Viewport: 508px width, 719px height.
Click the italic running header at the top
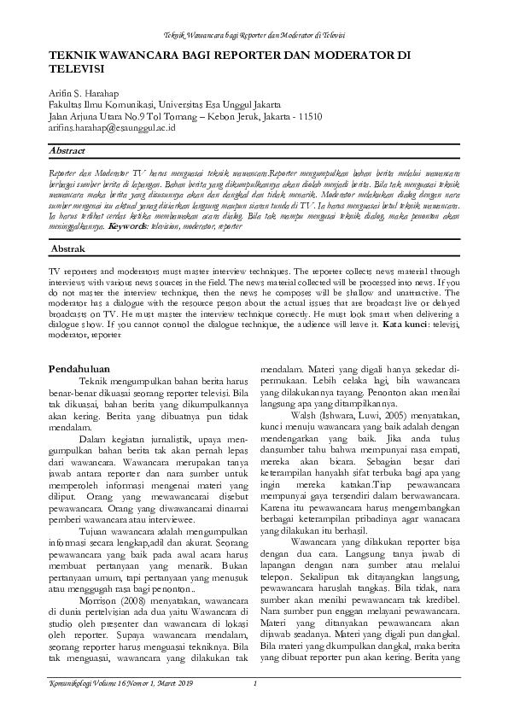click(x=254, y=34)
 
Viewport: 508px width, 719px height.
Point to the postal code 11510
click(x=307, y=115)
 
